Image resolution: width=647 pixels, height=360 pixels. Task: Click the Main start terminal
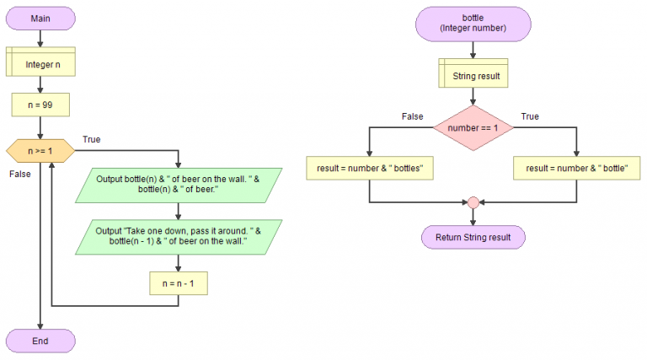point(40,18)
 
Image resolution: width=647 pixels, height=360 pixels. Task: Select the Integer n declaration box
point(40,62)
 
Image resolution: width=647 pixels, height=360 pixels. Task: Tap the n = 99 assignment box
point(40,106)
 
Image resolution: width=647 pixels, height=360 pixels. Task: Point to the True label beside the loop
point(93,137)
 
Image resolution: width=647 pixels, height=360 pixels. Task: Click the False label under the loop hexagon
point(19,174)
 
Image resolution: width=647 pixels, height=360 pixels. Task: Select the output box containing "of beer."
point(178,185)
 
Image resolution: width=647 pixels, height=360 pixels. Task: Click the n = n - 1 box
point(178,284)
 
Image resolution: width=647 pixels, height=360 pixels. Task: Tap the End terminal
point(40,341)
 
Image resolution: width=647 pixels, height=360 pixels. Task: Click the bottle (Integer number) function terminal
point(473,23)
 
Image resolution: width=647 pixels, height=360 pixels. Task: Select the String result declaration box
point(473,75)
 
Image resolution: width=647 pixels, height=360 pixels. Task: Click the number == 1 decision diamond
point(473,127)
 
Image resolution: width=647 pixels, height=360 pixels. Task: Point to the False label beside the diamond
point(412,116)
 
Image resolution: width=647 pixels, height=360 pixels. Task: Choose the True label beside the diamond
point(530,116)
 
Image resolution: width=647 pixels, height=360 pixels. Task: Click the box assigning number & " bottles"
point(369,169)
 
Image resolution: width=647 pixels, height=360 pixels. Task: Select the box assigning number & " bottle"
point(576,169)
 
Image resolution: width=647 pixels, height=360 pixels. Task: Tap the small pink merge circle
point(473,202)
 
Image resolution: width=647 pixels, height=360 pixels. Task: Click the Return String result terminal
point(473,237)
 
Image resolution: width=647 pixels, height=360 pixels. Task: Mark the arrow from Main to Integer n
point(40,38)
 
